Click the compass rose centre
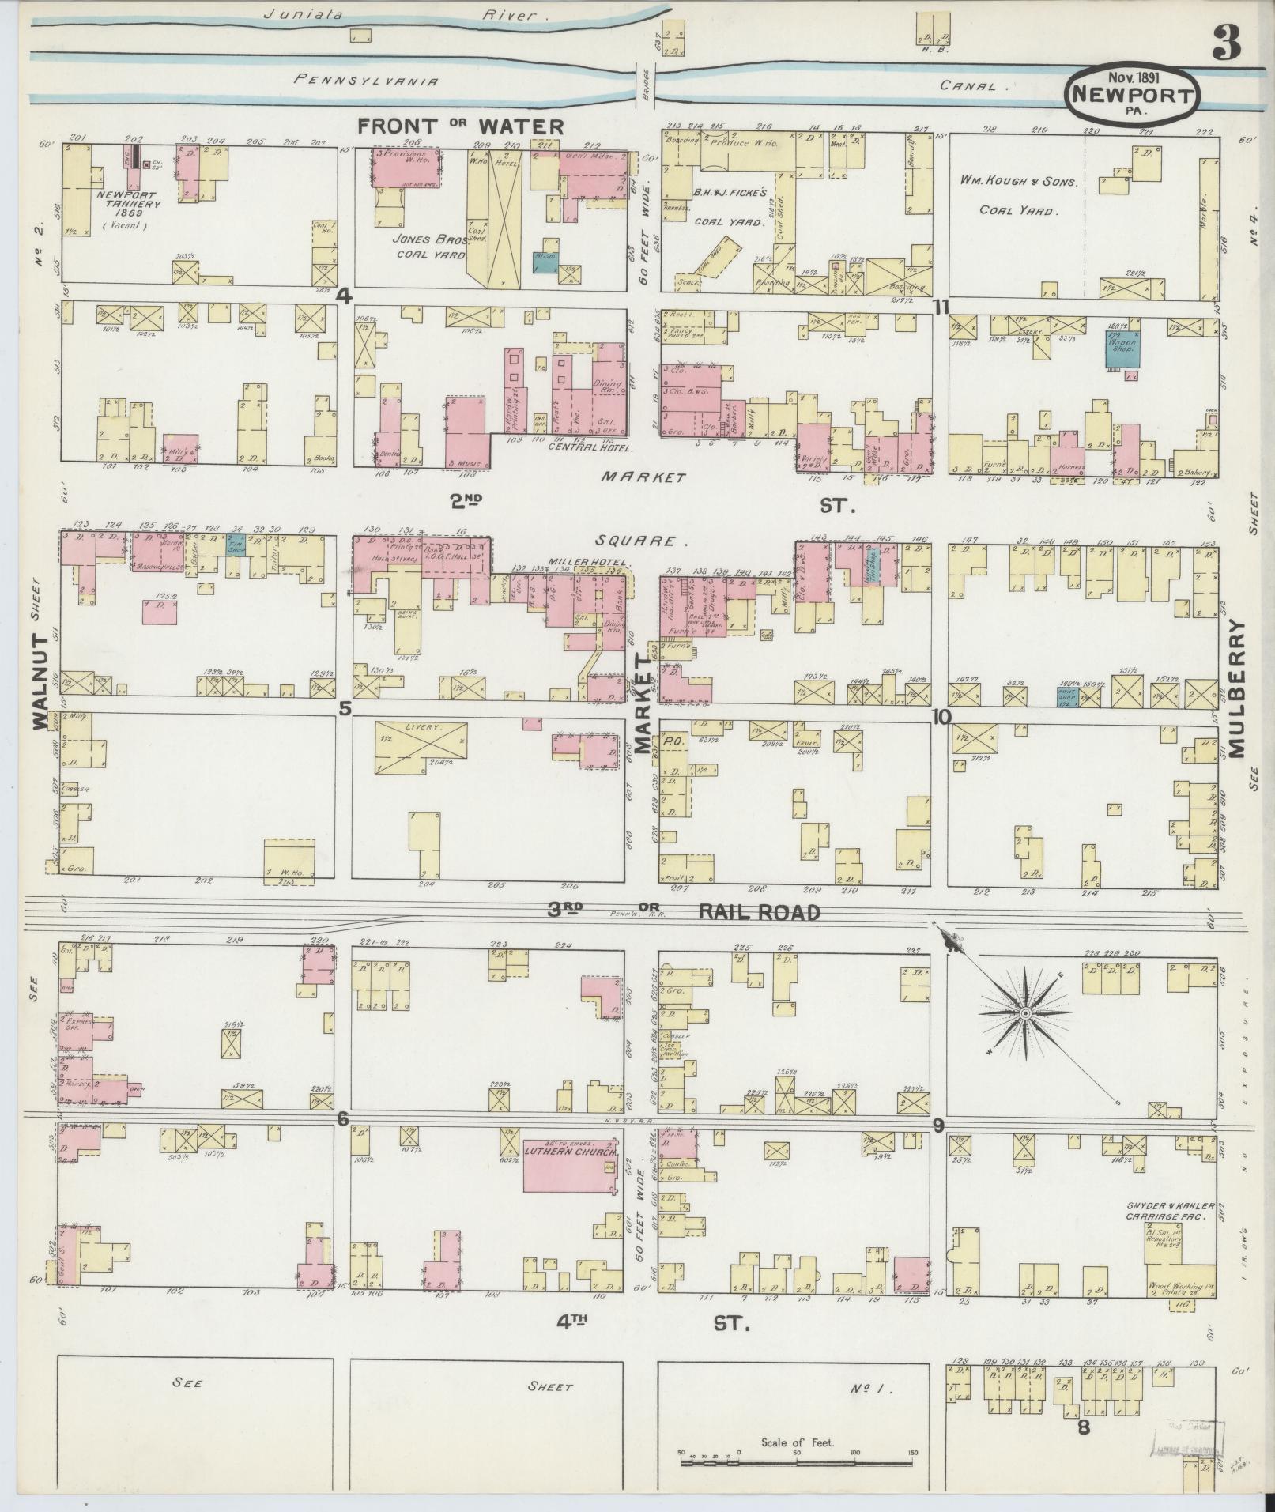(x=1024, y=1012)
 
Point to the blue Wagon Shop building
(x=1129, y=349)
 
